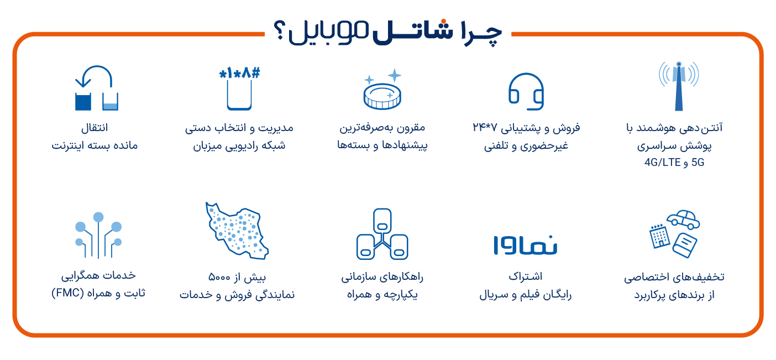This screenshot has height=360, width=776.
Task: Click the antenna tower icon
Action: point(679,86)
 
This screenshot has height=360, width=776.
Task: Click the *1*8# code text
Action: point(239,73)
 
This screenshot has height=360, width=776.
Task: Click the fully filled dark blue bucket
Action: point(83,102)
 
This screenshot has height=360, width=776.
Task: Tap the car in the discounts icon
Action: point(683,220)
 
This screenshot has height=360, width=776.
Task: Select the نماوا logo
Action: point(525,245)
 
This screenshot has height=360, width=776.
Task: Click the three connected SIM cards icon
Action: point(382,234)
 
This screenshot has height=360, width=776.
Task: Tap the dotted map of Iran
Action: point(237,231)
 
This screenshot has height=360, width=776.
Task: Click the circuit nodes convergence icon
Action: point(98,235)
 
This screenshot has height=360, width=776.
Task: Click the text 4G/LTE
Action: point(662,162)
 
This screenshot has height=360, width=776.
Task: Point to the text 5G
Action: point(698,162)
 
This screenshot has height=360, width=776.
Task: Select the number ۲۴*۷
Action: point(485,128)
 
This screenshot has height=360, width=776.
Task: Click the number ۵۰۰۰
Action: point(219,277)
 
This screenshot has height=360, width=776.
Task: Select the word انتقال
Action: point(95,128)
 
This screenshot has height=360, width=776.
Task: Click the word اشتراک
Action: point(526,276)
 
